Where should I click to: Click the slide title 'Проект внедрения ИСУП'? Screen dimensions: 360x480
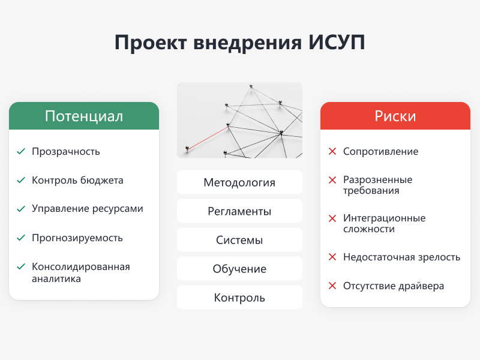(239, 43)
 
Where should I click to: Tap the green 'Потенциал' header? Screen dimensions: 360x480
(84, 116)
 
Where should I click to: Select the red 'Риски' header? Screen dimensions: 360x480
(395, 116)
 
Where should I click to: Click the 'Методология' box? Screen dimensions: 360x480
(239, 182)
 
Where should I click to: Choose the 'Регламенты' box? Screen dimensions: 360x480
(239, 211)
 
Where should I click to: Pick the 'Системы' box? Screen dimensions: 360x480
(239, 240)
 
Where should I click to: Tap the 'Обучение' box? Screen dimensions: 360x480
(239, 269)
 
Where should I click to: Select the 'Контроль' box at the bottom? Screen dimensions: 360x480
(239, 298)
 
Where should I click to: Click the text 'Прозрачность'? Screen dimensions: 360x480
(66, 151)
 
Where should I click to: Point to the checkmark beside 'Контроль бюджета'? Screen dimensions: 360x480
(21, 180)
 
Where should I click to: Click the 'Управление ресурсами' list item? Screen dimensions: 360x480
(88, 209)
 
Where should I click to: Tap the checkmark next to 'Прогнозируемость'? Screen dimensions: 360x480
(21, 238)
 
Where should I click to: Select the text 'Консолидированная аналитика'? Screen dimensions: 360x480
(81, 272)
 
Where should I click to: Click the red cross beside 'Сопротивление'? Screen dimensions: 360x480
(332, 151)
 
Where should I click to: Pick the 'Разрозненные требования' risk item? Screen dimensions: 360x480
(377, 185)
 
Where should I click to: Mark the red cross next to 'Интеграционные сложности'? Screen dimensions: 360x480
(332, 218)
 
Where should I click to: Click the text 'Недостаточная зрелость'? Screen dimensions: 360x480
(401, 257)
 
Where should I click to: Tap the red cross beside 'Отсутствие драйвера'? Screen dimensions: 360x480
(332, 286)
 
